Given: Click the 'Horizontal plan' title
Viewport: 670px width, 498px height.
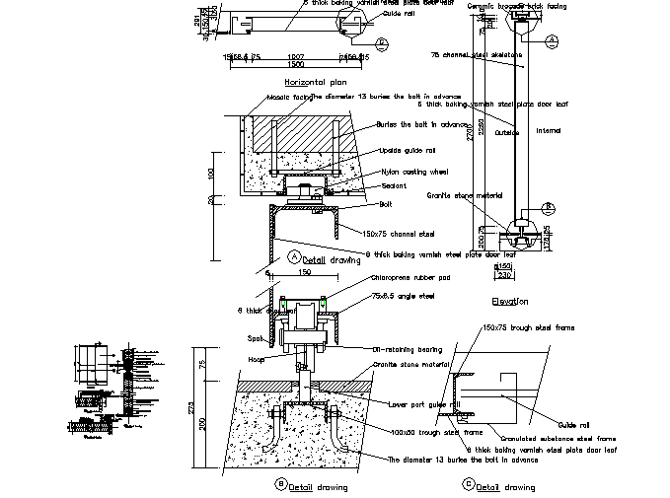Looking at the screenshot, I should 314,82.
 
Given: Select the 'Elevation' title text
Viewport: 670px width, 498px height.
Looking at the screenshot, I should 509,301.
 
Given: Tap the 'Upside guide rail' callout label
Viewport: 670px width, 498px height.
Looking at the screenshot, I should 409,151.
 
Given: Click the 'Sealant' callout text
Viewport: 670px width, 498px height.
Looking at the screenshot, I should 395,185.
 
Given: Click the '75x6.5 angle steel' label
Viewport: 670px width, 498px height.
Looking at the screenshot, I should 405,294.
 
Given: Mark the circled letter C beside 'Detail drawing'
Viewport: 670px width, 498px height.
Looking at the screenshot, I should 468,485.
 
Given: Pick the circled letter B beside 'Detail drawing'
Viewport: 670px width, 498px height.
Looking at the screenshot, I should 281,484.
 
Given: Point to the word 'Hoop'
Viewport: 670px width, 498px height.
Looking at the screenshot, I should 257,359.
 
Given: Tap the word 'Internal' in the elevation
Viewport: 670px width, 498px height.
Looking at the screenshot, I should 549,130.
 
